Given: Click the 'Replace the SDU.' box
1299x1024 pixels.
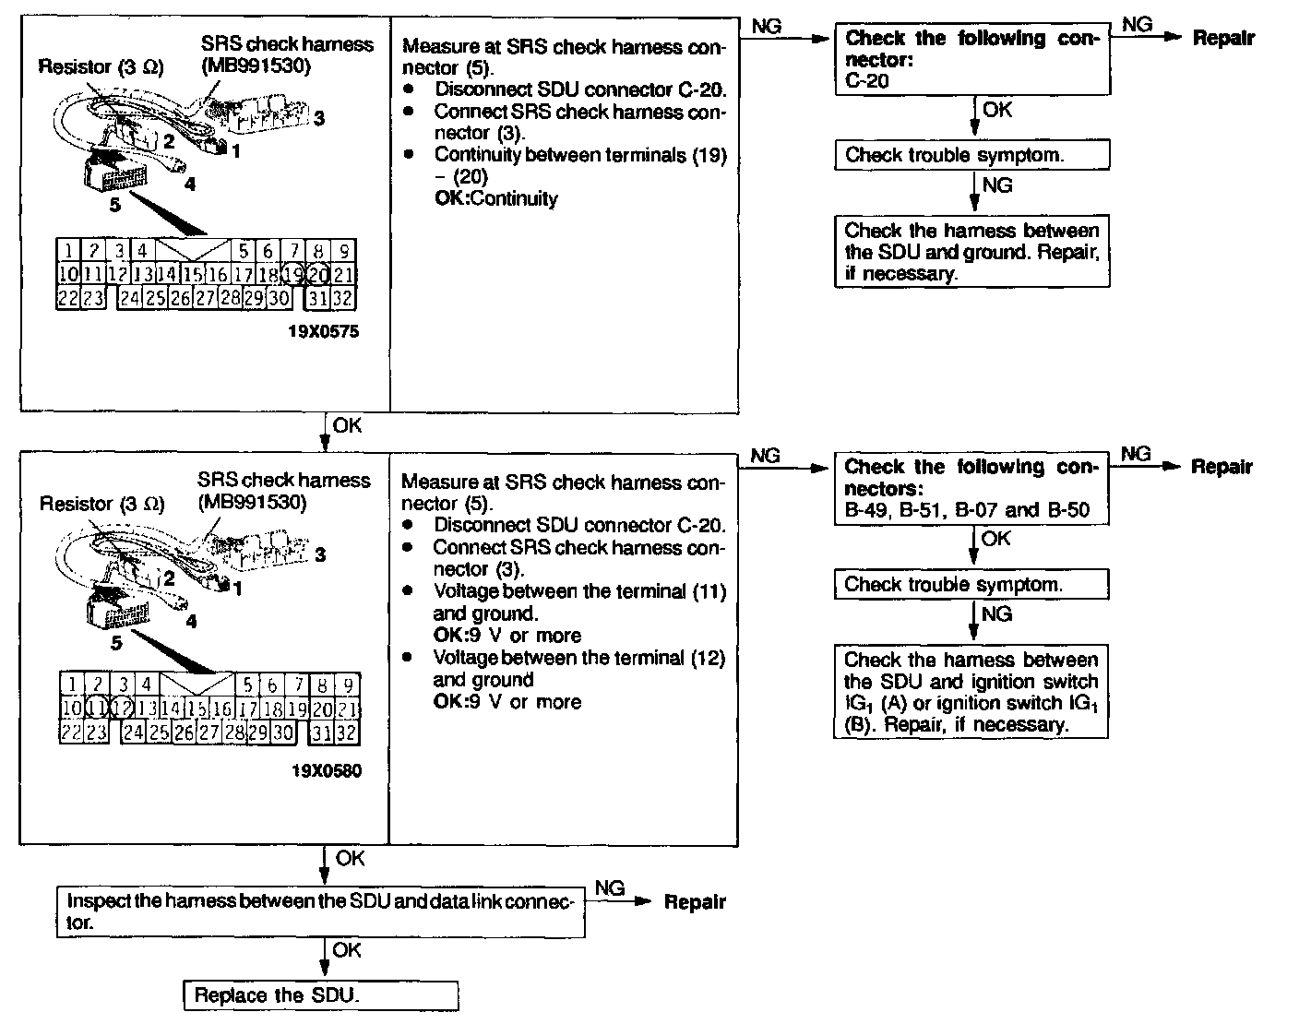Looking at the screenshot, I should [321, 995].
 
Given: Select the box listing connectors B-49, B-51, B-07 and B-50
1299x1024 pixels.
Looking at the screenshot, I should [971, 488].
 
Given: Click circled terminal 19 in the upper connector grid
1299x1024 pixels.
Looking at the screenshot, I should [293, 274].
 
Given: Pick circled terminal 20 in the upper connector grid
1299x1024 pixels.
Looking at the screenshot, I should [318, 274].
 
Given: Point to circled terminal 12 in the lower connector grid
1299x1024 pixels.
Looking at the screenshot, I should [121, 708].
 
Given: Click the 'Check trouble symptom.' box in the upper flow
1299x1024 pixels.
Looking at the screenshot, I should [972, 155].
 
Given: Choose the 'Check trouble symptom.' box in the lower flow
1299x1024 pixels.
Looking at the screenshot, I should [971, 584].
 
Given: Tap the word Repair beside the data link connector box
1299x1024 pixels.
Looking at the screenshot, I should [695, 902].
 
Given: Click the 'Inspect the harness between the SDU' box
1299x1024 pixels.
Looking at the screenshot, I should [321, 911].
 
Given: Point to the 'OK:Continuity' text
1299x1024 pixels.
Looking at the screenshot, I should [496, 198].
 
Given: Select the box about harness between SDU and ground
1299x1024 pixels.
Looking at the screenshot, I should [972, 252].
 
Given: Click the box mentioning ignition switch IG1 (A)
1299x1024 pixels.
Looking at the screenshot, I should [971, 691].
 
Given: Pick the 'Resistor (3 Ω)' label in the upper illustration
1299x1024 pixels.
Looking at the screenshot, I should [101, 67].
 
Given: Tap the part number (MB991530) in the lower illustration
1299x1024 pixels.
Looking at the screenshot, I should [252, 503].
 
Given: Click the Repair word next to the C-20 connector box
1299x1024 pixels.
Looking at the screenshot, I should [1223, 38].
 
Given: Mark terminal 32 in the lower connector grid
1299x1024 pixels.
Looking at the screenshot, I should [346, 732].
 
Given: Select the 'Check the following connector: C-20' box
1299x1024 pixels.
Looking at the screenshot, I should [972, 59].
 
